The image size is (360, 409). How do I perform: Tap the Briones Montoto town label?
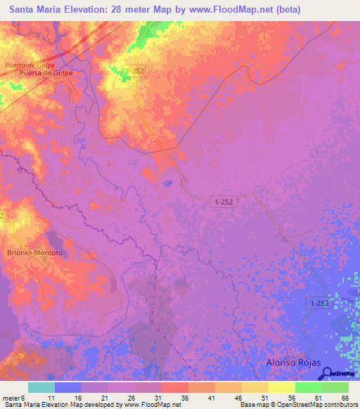coord(34,252)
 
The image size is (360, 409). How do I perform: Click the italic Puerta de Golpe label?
coord(30,65)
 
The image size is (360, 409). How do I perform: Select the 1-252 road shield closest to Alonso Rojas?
coord(317,302)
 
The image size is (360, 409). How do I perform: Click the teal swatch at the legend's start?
coord(41,387)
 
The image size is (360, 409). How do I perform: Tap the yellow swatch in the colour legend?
coord(282,387)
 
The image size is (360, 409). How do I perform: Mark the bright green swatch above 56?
coord(308,387)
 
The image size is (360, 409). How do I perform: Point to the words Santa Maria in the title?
coord(36,10)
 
